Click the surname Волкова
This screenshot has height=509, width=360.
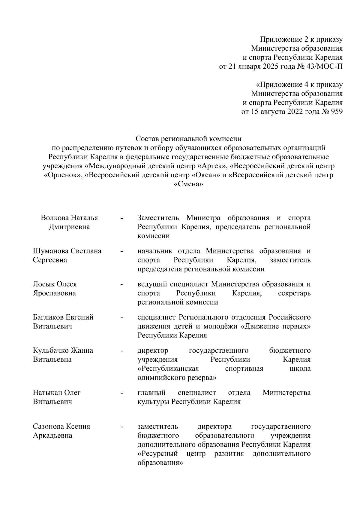[x=55, y=218]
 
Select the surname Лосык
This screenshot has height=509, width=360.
[x=42, y=284]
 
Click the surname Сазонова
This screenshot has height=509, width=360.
[x=48, y=426]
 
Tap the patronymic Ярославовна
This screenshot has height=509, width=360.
[x=54, y=293]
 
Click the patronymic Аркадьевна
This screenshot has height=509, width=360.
[x=52, y=435]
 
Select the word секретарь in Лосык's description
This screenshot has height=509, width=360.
[x=294, y=293]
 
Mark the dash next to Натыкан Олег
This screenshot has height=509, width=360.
[x=121, y=393]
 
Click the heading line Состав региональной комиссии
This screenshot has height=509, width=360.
[x=188, y=139]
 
